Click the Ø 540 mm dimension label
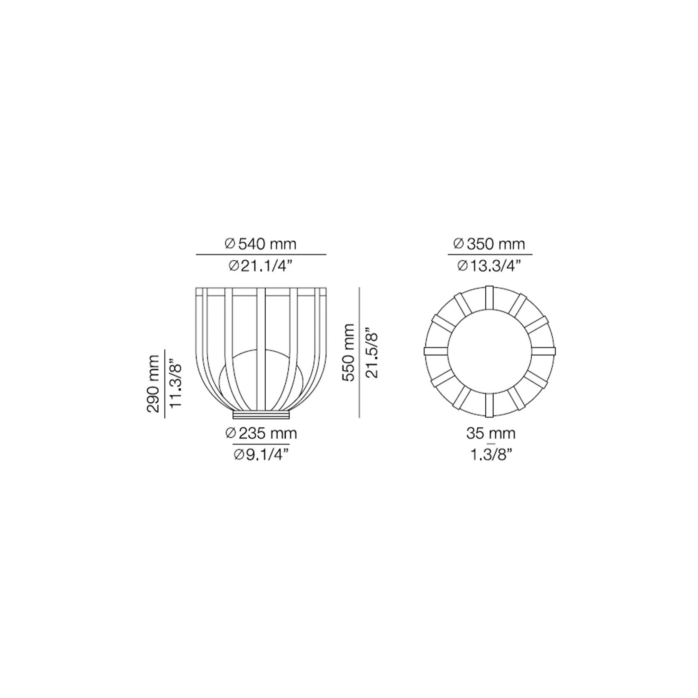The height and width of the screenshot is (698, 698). (260, 244)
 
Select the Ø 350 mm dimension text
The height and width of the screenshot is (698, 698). (489, 244)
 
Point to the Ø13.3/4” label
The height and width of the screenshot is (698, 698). (489, 265)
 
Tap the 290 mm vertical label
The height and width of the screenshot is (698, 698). (153, 383)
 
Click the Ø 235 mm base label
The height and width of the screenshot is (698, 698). (261, 434)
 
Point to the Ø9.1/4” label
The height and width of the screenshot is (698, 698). (261, 455)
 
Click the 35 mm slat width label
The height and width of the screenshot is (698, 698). (491, 434)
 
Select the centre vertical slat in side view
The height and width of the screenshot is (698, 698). (261, 350)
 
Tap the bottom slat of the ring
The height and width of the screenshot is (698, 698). (489, 405)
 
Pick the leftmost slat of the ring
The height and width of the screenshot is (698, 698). (435, 351)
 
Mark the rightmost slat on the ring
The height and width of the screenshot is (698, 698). (544, 351)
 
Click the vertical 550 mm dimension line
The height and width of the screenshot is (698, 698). (359, 352)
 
